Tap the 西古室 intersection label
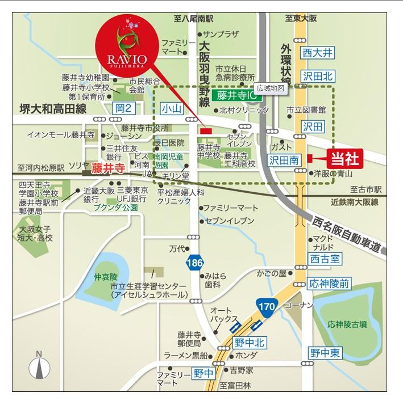point(325,259)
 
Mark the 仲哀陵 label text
point(105,278)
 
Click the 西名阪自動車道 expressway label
point(351,233)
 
